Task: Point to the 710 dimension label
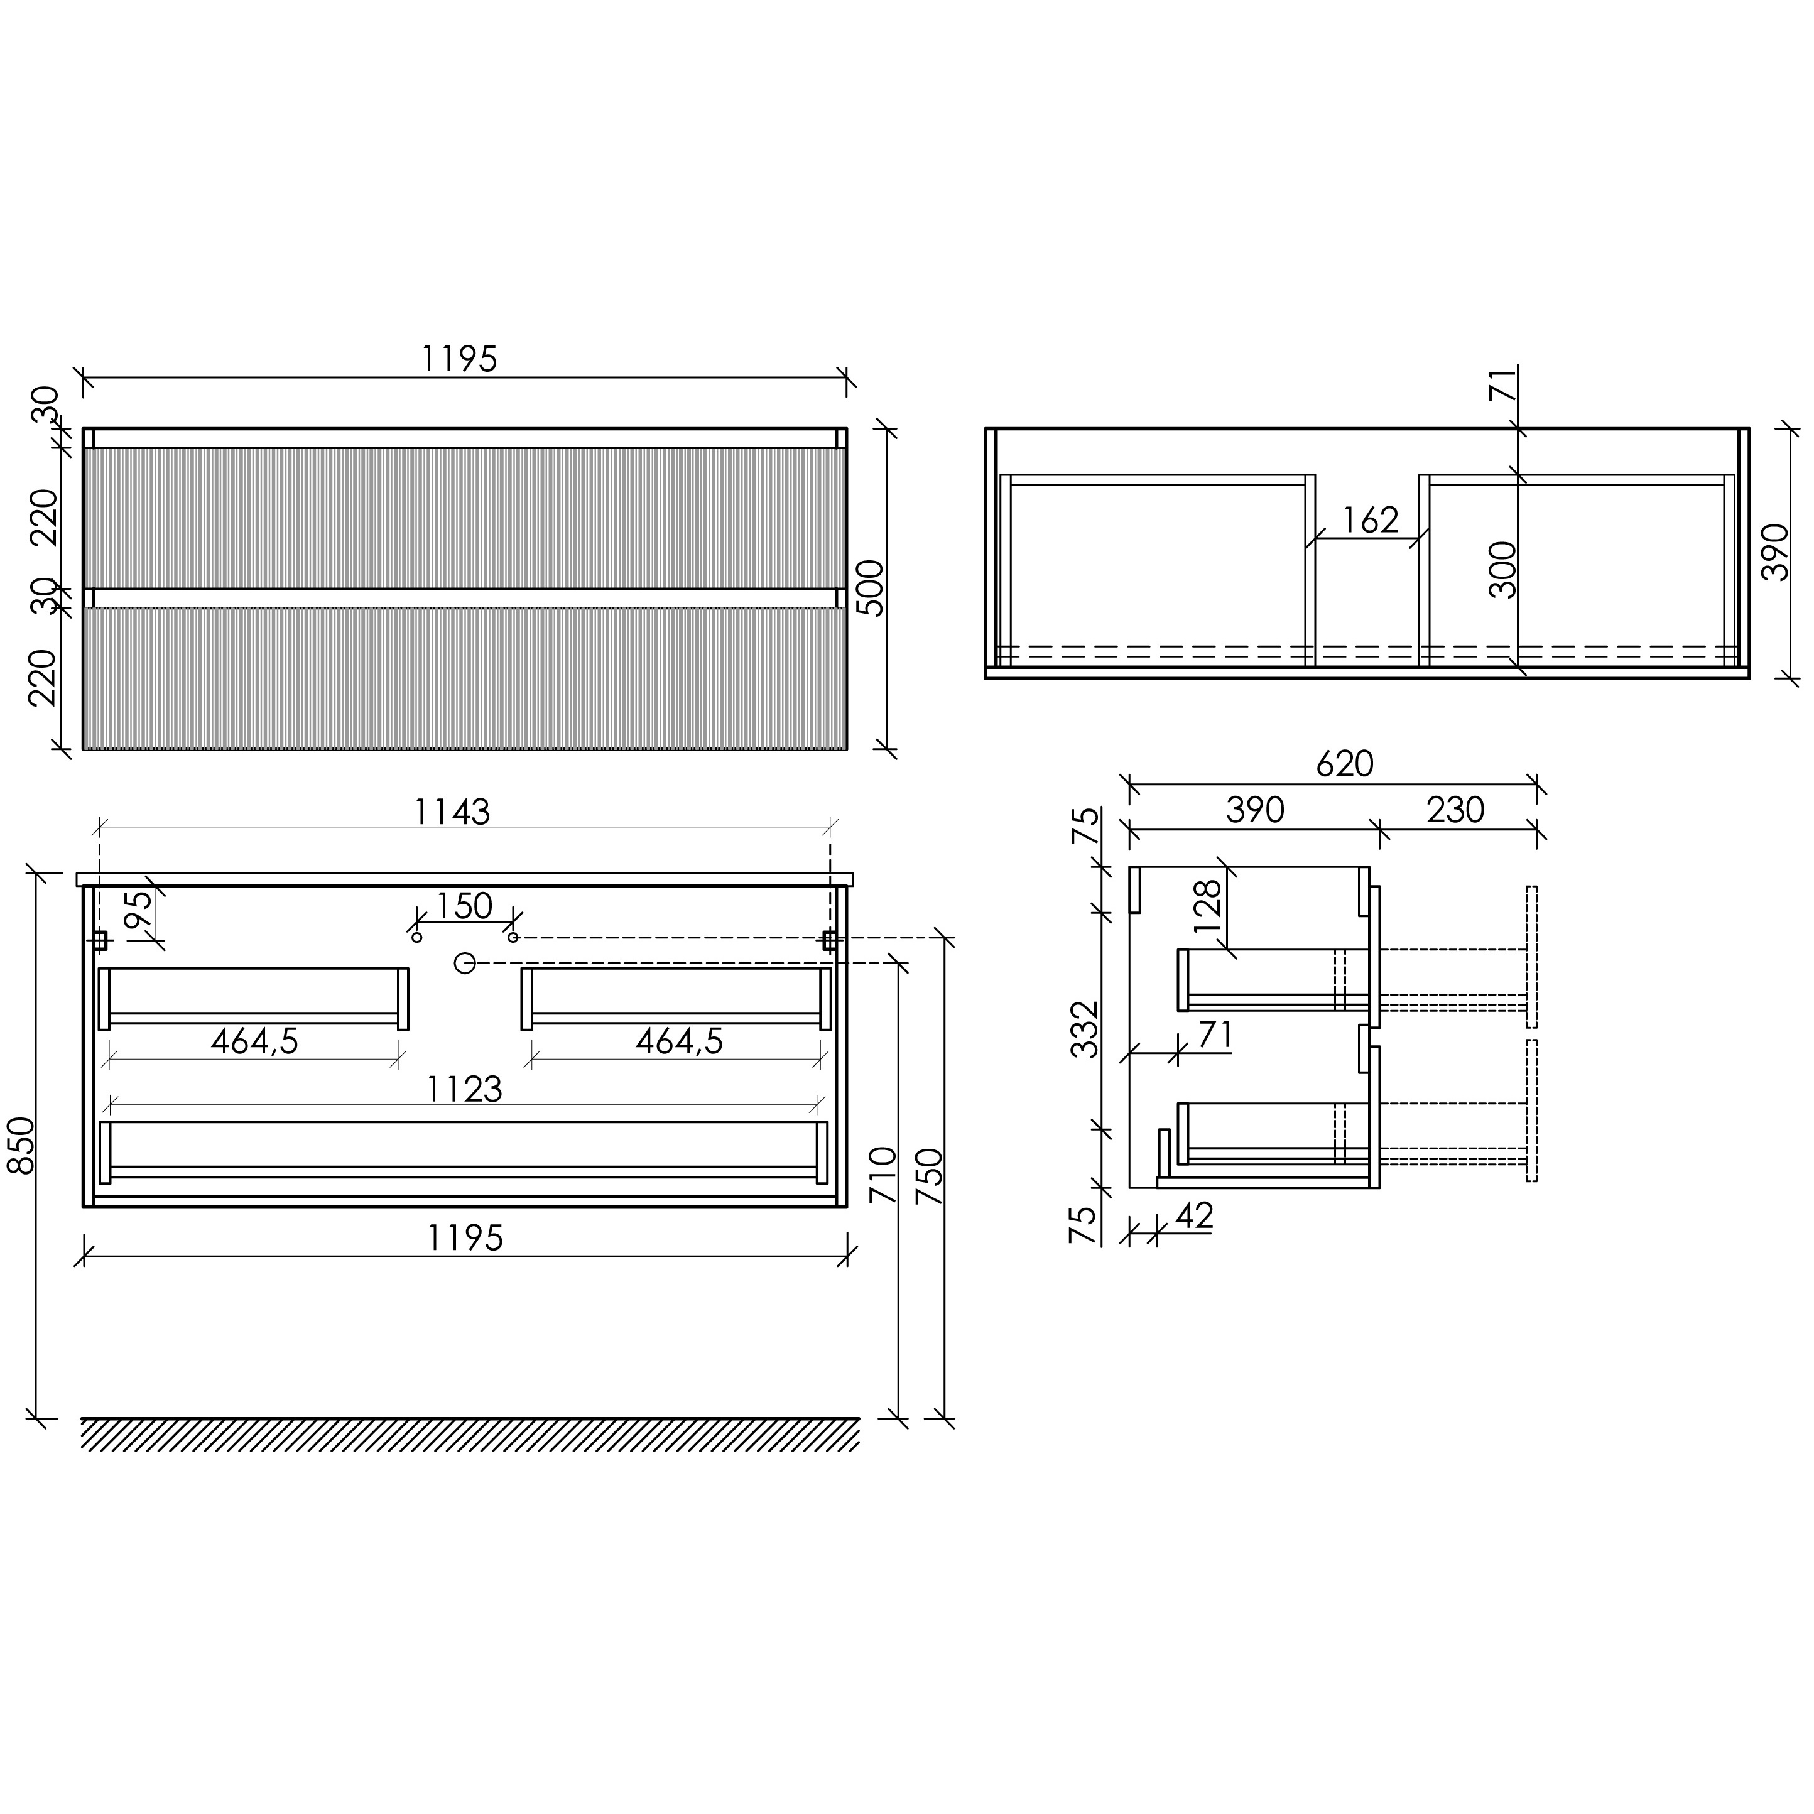883,1175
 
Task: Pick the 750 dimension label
928,1176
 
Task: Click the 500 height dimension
871,589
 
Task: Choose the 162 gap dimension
1370,519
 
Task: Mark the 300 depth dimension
1503,570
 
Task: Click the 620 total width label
1345,763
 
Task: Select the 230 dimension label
1455,810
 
